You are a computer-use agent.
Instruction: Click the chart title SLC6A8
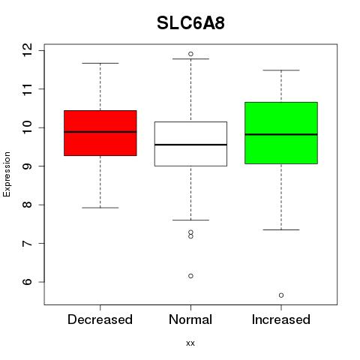click(x=190, y=23)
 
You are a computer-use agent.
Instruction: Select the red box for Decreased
click(x=100, y=133)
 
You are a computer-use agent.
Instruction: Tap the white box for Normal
click(x=190, y=144)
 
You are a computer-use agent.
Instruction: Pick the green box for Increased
click(x=281, y=133)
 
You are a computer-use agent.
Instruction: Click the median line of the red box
click(x=100, y=132)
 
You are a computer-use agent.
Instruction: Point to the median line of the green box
click(x=281, y=134)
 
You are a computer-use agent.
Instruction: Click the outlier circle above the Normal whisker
click(x=190, y=54)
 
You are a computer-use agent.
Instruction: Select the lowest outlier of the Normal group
click(x=190, y=276)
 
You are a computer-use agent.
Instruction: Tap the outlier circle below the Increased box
click(x=281, y=295)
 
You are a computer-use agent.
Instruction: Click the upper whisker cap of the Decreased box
click(x=100, y=63)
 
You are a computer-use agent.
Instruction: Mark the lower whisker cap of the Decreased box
click(x=100, y=208)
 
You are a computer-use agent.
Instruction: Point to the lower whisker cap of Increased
click(x=281, y=229)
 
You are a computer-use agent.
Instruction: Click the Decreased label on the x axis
click(x=100, y=319)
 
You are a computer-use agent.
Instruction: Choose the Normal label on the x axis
click(x=190, y=319)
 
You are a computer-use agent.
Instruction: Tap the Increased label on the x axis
click(x=281, y=319)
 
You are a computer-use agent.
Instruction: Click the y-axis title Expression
click(x=7, y=174)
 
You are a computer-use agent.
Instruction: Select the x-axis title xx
click(x=190, y=343)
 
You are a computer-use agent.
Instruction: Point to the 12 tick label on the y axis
click(x=28, y=50)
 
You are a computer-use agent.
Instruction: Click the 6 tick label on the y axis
click(x=28, y=282)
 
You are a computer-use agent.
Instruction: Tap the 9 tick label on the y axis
click(x=28, y=166)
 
